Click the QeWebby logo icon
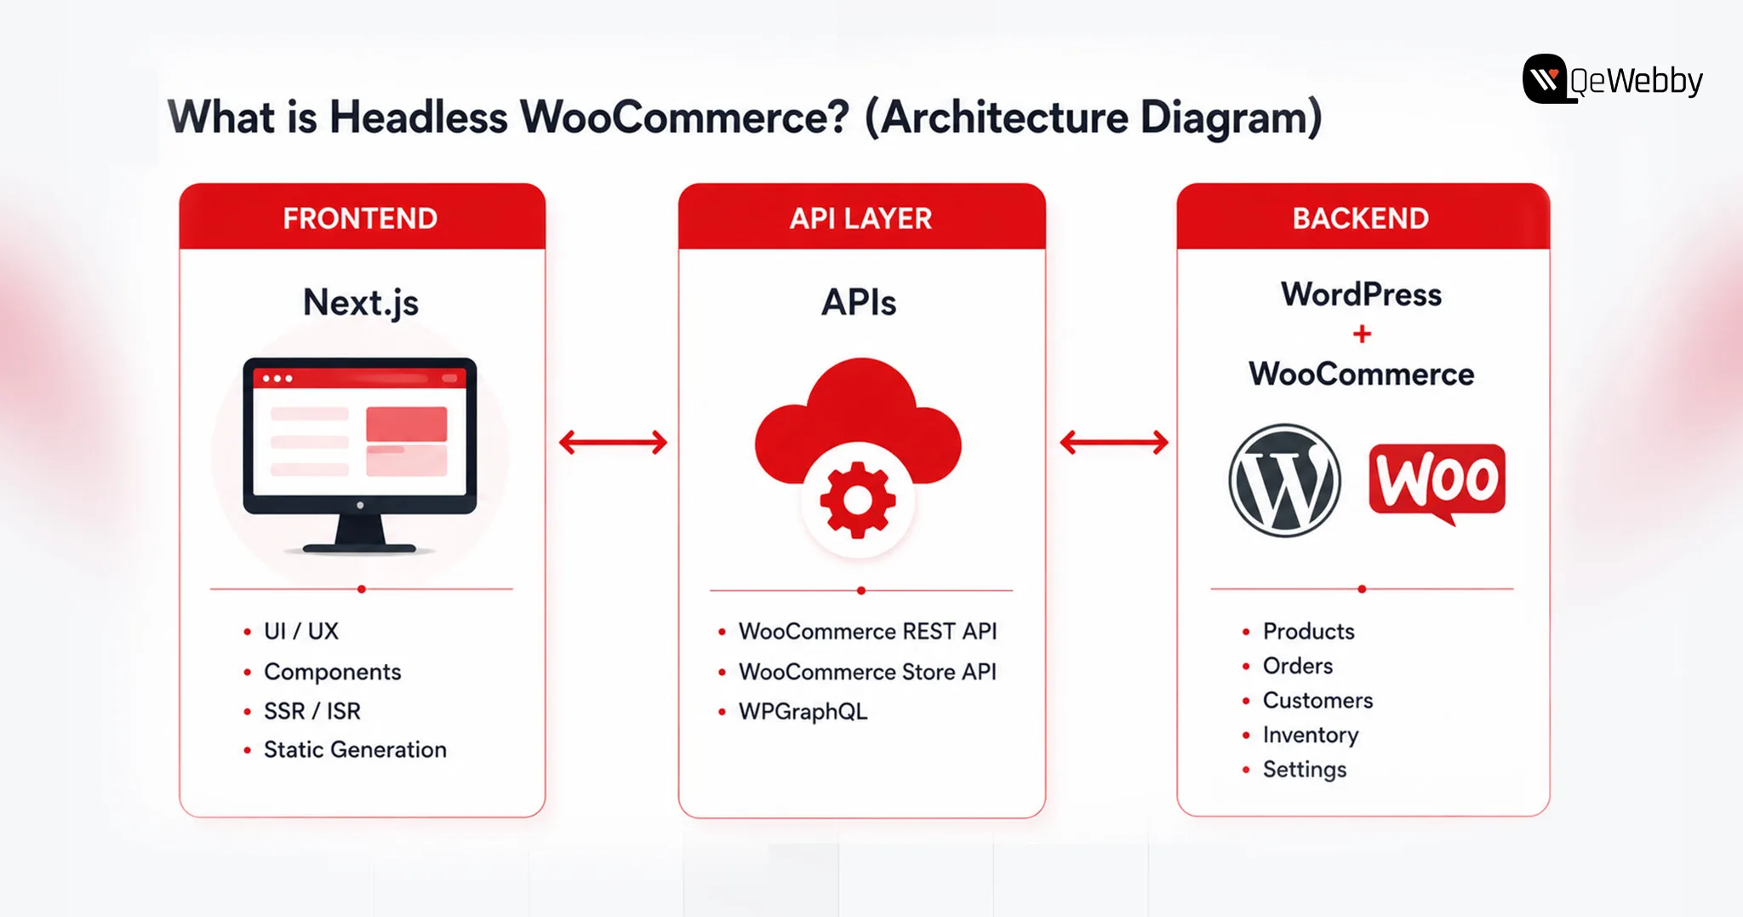click(x=1545, y=78)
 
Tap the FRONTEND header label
click(x=360, y=219)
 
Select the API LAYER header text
click(x=860, y=219)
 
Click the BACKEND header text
click(x=1361, y=219)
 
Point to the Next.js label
click(x=361, y=303)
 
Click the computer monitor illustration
click(x=360, y=455)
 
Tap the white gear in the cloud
click(x=858, y=500)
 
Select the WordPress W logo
click(x=1285, y=481)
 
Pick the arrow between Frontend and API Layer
click(x=613, y=442)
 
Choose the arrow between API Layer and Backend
click(x=1114, y=442)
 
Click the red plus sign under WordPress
click(x=1362, y=334)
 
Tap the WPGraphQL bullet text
click(x=803, y=712)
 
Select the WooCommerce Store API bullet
click(x=867, y=672)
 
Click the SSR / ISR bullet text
click(x=312, y=711)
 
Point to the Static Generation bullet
click(x=355, y=749)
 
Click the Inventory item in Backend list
click(x=1311, y=735)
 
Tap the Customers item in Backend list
click(x=1317, y=700)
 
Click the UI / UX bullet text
click(x=301, y=631)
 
